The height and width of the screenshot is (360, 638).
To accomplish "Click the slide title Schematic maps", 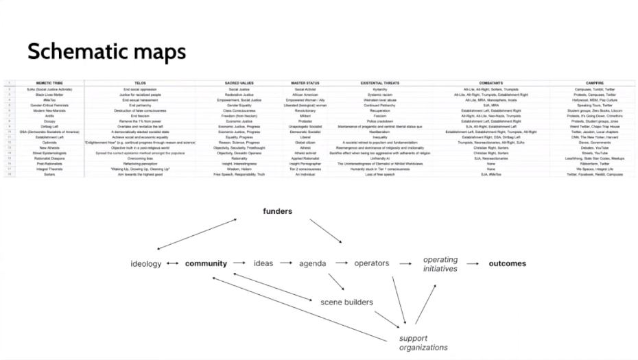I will (106, 51).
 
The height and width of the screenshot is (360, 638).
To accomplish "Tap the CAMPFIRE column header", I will (595, 83).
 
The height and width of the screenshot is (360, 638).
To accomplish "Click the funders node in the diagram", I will (277, 211).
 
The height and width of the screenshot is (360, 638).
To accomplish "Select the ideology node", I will (145, 264).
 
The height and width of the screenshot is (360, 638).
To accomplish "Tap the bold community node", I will (206, 264).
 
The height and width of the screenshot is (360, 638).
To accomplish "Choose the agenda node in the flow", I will (312, 264).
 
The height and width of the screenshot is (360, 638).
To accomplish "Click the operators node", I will (371, 264).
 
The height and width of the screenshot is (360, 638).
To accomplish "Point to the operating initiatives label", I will (440, 265).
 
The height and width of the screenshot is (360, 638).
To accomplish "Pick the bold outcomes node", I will (508, 264).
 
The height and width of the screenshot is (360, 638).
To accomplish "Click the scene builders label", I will (346, 302).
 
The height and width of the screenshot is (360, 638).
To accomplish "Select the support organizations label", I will (423, 343).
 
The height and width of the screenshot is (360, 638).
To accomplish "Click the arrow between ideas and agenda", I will (288, 263).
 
